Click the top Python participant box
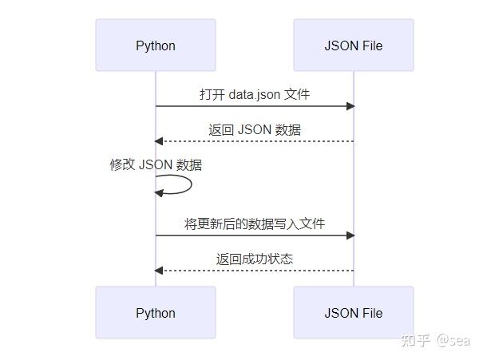pos(156,45)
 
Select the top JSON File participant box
pos(354,45)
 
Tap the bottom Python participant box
pos(156,312)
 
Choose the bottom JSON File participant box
pos(354,312)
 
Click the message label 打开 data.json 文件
pos(255,94)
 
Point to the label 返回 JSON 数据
pos(255,129)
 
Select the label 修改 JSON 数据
pos(156,165)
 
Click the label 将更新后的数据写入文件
pos(255,224)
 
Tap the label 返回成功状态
pos(255,259)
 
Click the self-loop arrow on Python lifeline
pos(185,185)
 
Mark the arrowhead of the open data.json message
pos(350,106)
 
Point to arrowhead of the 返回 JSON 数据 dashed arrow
pos(160,141)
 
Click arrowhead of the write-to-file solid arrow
pos(350,235)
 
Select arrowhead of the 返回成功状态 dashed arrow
pos(160,271)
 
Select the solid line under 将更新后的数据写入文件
pos(255,235)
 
